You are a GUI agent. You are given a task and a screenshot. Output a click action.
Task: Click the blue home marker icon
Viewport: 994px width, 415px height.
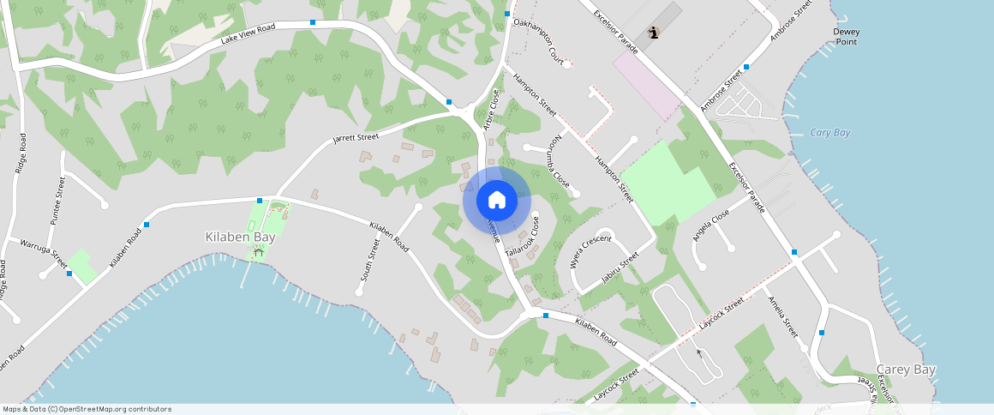click(497, 201)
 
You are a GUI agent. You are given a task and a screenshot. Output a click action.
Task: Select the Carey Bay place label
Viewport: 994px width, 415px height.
click(906, 370)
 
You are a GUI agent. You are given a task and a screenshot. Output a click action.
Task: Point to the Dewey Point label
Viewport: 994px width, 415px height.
click(846, 36)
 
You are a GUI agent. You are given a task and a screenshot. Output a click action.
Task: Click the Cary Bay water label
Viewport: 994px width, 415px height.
click(829, 133)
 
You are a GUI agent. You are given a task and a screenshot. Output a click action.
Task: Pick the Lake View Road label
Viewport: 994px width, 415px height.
click(248, 33)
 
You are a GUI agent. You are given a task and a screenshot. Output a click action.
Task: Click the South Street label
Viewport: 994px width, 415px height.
click(369, 261)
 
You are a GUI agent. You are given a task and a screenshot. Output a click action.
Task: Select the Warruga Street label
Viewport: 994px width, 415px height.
click(44, 250)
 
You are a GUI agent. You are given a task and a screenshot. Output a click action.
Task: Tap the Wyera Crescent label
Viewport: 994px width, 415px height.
click(590, 251)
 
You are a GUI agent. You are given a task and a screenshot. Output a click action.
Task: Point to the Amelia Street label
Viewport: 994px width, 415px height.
click(783, 316)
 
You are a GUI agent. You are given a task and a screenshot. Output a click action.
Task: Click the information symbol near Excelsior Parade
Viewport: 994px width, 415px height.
click(655, 33)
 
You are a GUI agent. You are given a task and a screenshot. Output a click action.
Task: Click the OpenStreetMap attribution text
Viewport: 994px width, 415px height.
click(87, 409)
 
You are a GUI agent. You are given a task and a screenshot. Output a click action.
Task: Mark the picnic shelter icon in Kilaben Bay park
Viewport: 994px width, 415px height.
click(258, 252)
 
